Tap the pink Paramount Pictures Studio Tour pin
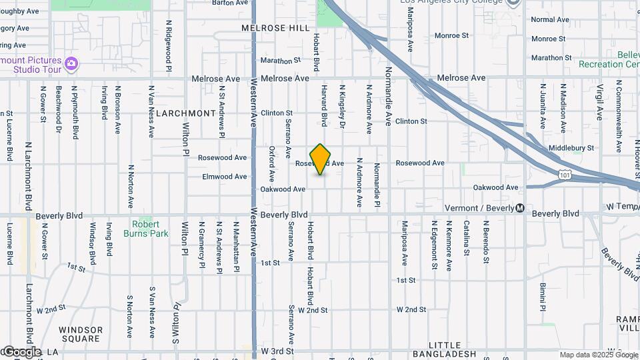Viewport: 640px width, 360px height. [71, 65]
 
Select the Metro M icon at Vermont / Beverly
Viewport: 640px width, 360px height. [520, 208]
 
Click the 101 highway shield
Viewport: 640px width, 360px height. [565, 175]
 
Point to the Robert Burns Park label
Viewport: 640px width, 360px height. [141, 229]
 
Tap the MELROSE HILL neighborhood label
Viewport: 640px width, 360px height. [276, 28]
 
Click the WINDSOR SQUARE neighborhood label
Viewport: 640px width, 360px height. [81, 334]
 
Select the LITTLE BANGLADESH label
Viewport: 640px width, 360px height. [445, 349]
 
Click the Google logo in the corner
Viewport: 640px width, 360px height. [21, 352]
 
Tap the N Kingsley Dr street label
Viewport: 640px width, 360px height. [342, 106]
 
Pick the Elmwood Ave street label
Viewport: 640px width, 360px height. [225, 177]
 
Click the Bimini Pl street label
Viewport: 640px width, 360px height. [543, 297]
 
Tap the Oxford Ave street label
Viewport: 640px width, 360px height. [272, 164]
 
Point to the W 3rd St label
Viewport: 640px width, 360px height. [277, 351]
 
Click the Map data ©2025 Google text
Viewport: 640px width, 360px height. [598, 355]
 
